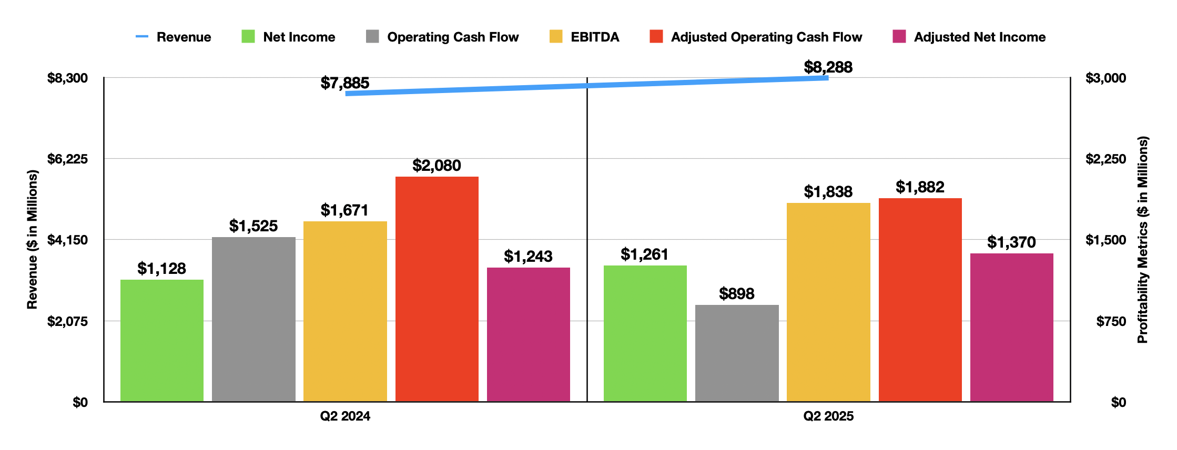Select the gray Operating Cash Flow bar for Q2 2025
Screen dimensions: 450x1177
coord(736,353)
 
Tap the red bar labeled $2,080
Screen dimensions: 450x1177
coord(437,289)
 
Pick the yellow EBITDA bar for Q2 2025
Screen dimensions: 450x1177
coord(828,302)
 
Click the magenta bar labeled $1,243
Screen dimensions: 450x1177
coord(528,334)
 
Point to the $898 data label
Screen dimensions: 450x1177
coord(736,294)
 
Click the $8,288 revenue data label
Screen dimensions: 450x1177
coord(828,67)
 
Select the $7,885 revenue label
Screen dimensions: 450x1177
coord(345,83)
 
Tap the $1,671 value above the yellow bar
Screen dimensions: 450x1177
coord(344,210)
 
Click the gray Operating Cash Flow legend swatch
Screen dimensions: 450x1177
coord(372,37)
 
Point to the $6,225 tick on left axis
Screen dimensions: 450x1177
coord(67,159)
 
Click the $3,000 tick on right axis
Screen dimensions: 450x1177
coord(1105,78)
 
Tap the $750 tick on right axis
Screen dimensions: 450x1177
coord(1111,321)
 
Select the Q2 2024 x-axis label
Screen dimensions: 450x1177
coord(345,416)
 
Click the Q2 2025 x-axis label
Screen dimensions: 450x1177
coord(828,416)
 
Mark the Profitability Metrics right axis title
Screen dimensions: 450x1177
coord(1142,240)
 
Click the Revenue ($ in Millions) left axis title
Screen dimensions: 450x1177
coord(33,240)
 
